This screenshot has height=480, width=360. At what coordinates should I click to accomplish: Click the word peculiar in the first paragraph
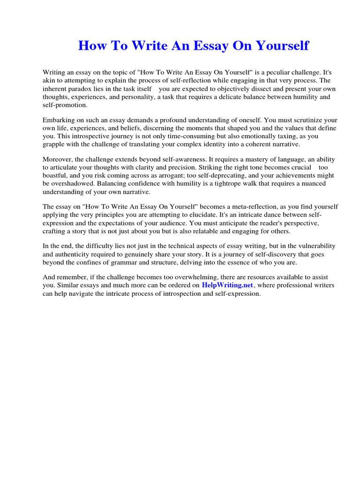click(x=258, y=73)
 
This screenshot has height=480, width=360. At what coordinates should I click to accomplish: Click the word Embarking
click(x=60, y=120)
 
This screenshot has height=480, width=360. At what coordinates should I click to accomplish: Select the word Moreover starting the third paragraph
click(x=58, y=160)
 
